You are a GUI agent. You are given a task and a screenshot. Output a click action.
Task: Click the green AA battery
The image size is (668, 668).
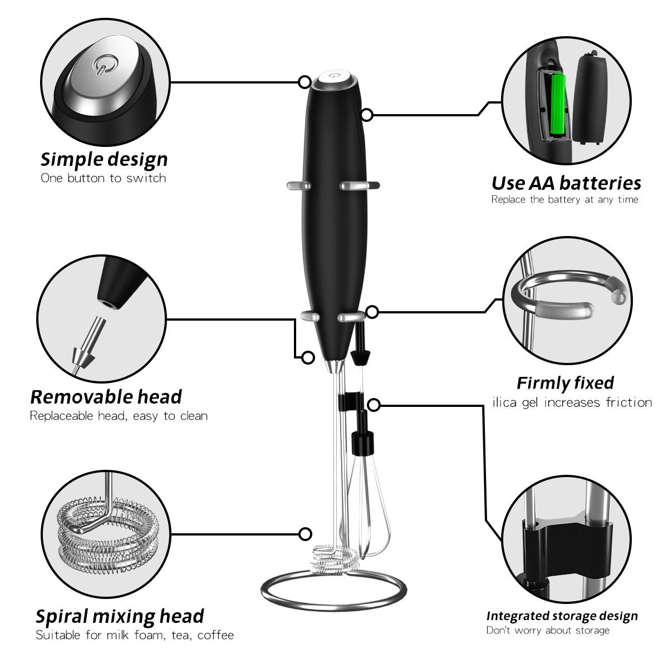point(557,106)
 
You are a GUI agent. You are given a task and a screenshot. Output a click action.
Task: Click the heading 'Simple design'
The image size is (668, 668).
point(104,159)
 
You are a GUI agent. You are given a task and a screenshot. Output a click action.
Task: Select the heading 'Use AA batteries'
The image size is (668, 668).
point(566,183)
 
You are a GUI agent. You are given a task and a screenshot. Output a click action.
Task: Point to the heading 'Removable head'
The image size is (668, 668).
point(106,397)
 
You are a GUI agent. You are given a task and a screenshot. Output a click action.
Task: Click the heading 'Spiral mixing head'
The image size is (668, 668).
point(120,616)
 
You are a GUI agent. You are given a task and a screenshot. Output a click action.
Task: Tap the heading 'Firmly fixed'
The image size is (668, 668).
point(565,383)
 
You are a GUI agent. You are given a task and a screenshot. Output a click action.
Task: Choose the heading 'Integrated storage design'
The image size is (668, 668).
point(562,616)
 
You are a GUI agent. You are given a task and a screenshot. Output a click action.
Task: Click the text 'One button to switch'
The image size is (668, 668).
point(104,178)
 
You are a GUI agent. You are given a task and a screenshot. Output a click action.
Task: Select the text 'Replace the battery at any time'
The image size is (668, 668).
point(564,199)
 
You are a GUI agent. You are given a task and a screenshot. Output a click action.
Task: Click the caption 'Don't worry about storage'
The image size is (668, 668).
point(548,630)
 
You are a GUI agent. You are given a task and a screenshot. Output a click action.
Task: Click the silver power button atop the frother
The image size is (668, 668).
point(335,77)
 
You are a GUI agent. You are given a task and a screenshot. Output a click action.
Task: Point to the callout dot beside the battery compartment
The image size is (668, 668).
point(367,115)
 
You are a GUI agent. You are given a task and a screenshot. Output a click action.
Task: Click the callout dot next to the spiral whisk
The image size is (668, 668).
point(305,534)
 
